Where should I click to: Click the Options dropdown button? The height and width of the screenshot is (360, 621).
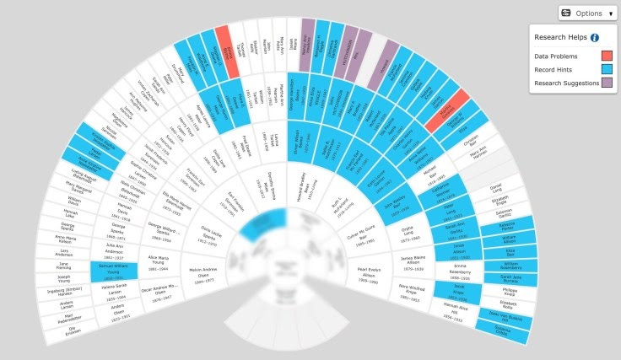[586, 13]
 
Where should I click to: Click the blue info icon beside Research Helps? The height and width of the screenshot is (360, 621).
[594, 37]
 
